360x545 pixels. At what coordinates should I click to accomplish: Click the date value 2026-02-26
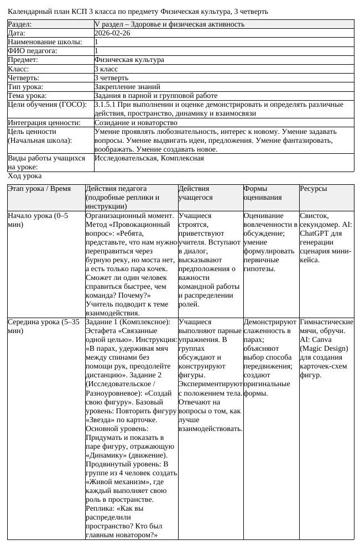(x=112, y=33)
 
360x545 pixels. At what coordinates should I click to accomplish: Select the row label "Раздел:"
(x=19, y=24)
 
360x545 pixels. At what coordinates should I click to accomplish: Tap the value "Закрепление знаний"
(x=127, y=86)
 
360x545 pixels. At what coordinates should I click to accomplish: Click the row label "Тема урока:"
(x=27, y=95)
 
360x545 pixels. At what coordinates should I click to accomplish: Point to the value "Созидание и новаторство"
(x=136, y=122)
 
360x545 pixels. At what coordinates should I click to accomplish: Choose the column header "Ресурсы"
(x=314, y=189)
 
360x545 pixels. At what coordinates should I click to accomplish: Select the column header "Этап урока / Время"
(x=39, y=189)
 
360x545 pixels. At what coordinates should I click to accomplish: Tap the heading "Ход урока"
(x=24, y=176)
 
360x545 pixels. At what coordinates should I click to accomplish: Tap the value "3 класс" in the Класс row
(x=106, y=69)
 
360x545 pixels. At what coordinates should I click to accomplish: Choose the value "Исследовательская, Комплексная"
(x=149, y=158)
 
